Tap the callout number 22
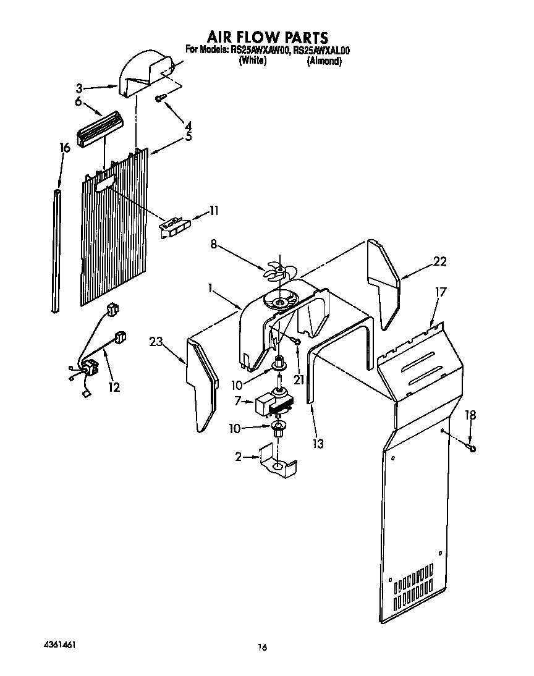(439, 261)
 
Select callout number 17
(440, 292)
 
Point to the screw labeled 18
(472, 448)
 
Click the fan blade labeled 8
(277, 269)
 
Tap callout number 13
(318, 443)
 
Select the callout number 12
(113, 387)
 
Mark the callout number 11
(214, 211)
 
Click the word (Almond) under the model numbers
(324, 61)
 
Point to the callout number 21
(299, 379)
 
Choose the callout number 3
(79, 88)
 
